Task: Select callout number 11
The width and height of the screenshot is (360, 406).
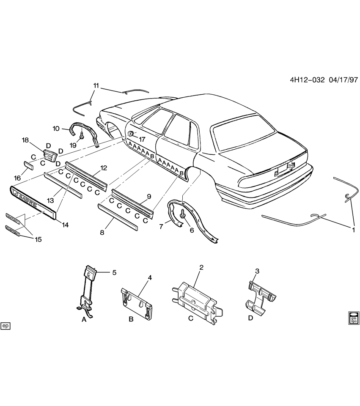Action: (96, 86)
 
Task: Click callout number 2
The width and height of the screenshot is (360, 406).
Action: (201, 267)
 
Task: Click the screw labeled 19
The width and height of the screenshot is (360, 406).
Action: (81, 136)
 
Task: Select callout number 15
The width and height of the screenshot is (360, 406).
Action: (38, 239)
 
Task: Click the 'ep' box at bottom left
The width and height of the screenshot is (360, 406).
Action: (5, 326)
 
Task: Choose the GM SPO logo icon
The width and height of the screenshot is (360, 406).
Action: (353, 318)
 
